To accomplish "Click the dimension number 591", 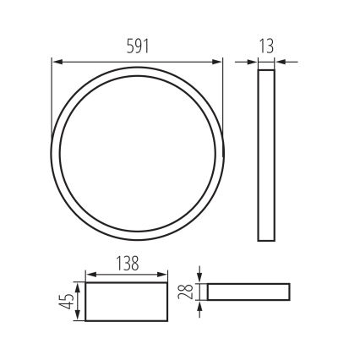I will [137, 47].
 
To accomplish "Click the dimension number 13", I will [266, 47].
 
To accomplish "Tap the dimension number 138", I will [127, 262].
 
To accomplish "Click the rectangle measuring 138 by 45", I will [128, 302].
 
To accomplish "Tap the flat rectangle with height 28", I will [248, 292].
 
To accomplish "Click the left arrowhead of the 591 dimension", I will [57, 61].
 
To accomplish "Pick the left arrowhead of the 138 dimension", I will [90, 274].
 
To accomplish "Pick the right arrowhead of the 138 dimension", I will [165, 274].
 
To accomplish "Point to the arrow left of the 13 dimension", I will [253, 61].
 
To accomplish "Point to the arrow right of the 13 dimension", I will [280, 61].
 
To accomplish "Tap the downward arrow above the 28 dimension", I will [199, 278].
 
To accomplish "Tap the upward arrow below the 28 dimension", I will [199, 305].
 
